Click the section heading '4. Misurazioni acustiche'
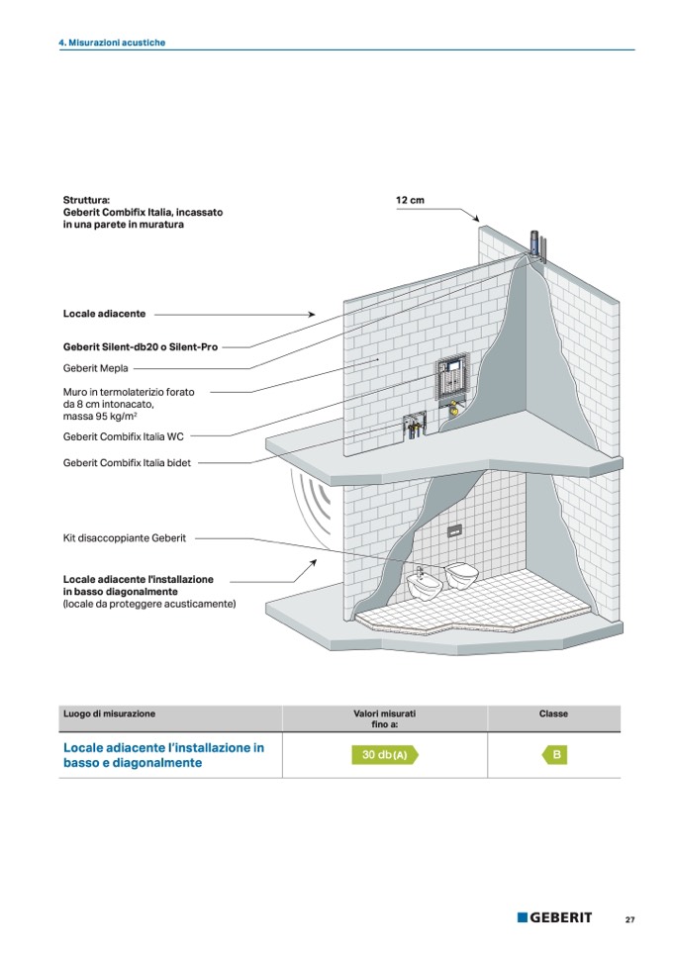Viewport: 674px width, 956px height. coord(112,44)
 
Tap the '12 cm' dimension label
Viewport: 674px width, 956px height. coord(410,201)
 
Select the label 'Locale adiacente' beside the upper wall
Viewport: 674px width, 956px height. coord(104,314)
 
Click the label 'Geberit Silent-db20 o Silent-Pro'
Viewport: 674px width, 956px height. coord(141,347)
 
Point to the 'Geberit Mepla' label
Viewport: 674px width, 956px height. coord(96,368)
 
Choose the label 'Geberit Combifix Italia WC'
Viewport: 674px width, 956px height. coord(124,435)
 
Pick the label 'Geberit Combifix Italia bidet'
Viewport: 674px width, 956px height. coord(128,461)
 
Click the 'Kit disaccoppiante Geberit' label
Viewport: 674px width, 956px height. coord(124,538)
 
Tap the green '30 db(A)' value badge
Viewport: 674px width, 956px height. coord(384,755)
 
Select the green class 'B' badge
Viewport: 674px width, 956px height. coord(555,755)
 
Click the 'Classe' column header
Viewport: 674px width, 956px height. coord(553,714)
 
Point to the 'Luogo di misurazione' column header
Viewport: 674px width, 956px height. coord(109,714)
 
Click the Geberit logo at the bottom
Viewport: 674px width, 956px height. coord(554,917)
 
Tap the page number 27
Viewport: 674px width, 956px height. coord(629,918)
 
